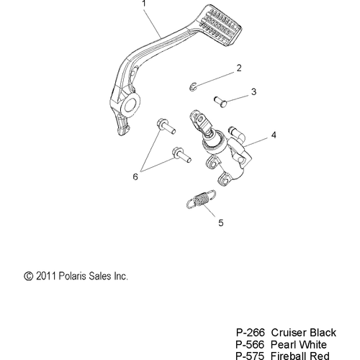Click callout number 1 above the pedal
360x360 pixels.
pyautogui.click(x=144, y=4)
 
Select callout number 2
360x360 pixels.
pyautogui.click(x=239, y=68)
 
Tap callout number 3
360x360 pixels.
pyautogui.click(x=253, y=91)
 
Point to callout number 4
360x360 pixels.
pyautogui.click(x=274, y=135)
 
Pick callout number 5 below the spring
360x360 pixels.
pyautogui.click(x=221, y=223)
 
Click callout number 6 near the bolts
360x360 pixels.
pyautogui.click(x=135, y=177)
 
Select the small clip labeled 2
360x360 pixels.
pyautogui.click(x=193, y=87)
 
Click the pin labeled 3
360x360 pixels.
pyautogui.click(x=220, y=102)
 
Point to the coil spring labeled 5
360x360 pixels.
pyautogui.click(x=201, y=199)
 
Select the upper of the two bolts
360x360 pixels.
pyautogui.click(x=166, y=127)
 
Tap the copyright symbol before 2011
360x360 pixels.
pyautogui.click(x=28, y=276)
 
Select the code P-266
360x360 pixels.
pyautogui.click(x=251, y=333)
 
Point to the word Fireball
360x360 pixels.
pyautogui.click(x=288, y=356)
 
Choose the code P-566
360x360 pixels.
pyautogui.click(x=250, y=345)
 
